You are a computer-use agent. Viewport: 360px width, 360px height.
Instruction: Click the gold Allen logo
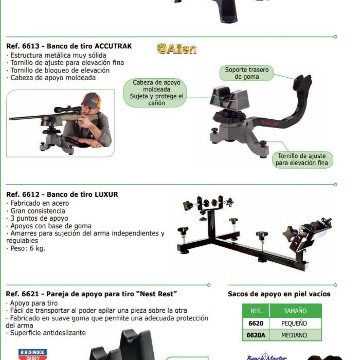(176, 49)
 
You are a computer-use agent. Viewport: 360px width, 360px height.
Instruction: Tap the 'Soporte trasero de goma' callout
(246, 73)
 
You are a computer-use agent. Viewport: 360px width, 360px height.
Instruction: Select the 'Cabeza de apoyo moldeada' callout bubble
(155, 93)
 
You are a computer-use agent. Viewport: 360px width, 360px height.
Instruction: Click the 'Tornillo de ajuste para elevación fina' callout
(302, 159)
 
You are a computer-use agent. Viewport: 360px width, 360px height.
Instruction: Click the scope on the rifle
(69, 109)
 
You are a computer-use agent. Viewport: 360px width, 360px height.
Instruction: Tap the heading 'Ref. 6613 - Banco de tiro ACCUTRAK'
(69, 46)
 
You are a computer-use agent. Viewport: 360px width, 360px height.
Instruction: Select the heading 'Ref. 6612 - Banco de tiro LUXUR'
(62, 194)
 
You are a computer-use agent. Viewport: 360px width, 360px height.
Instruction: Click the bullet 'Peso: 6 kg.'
(26, 248)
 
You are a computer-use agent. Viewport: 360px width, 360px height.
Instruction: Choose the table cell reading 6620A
(256, 335)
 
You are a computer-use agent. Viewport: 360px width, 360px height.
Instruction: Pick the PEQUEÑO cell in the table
(295, 323)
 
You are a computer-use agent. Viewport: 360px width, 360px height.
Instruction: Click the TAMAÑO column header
(295, 311)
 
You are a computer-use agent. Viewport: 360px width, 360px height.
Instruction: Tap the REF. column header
(256, 311)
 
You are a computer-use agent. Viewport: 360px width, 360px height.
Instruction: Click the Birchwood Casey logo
(33, 354)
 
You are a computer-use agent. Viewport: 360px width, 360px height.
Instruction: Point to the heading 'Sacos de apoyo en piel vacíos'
(279, 294)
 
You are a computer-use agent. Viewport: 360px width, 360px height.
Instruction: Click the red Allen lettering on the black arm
(270, 123)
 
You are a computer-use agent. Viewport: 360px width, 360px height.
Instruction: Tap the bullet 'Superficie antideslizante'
(46, 333)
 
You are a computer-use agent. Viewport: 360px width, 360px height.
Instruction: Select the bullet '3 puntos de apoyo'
(37, 219)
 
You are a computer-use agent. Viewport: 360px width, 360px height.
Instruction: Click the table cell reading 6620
(256, 323)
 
